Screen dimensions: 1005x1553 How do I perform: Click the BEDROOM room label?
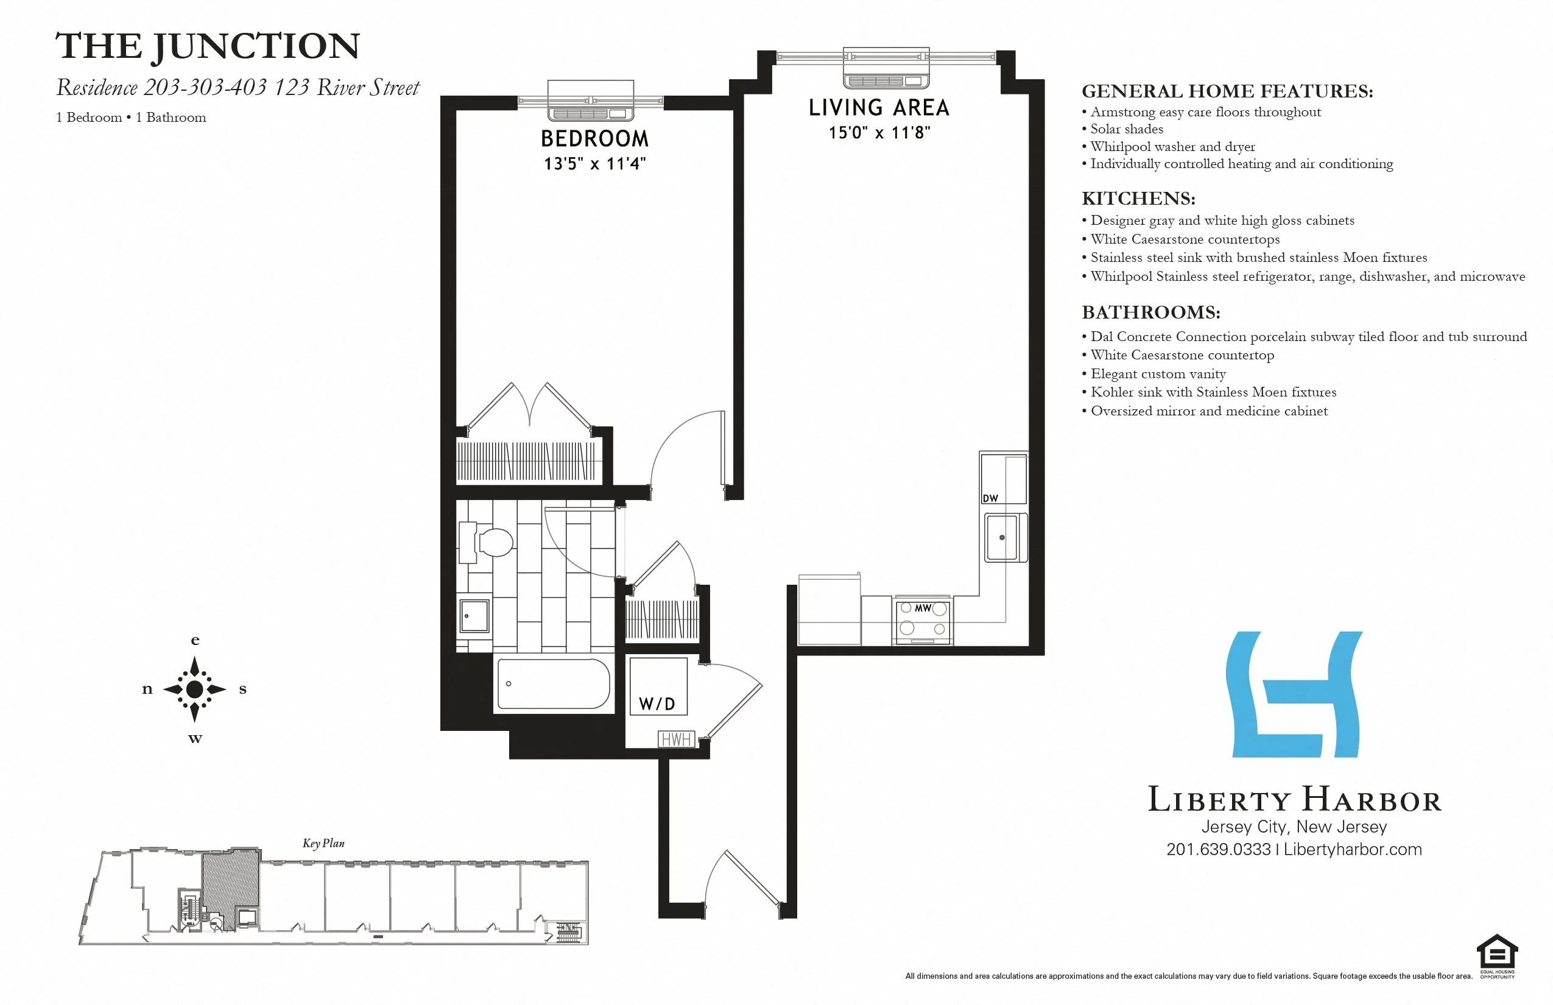tap(594, 138)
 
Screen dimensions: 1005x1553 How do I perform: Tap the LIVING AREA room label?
tap(879, 108)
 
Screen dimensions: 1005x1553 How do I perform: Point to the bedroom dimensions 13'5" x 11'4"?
tap(594, 164)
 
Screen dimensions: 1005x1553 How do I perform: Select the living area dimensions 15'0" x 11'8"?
tap(879, 133)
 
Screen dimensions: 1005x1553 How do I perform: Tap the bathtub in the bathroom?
tap(554, 683)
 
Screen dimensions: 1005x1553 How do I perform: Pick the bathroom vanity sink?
tap(474, 616)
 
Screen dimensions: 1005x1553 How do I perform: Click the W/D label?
tap(657, 704)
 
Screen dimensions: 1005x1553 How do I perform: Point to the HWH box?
tap(676, 739)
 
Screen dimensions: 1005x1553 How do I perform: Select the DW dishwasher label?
tap(990, 499)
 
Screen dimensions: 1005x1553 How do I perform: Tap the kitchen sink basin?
tap(1002, 538)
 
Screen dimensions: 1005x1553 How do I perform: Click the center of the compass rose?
tap(194, 689)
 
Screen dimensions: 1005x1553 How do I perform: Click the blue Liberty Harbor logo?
tap(1295, 694)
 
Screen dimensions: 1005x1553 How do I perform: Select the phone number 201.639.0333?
tap(1218, 850)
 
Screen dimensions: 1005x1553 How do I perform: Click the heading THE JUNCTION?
tap(208, 47)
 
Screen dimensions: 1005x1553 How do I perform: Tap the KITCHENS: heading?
tap(1138, 199)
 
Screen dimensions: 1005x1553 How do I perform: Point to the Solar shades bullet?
tap(1126, 129)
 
